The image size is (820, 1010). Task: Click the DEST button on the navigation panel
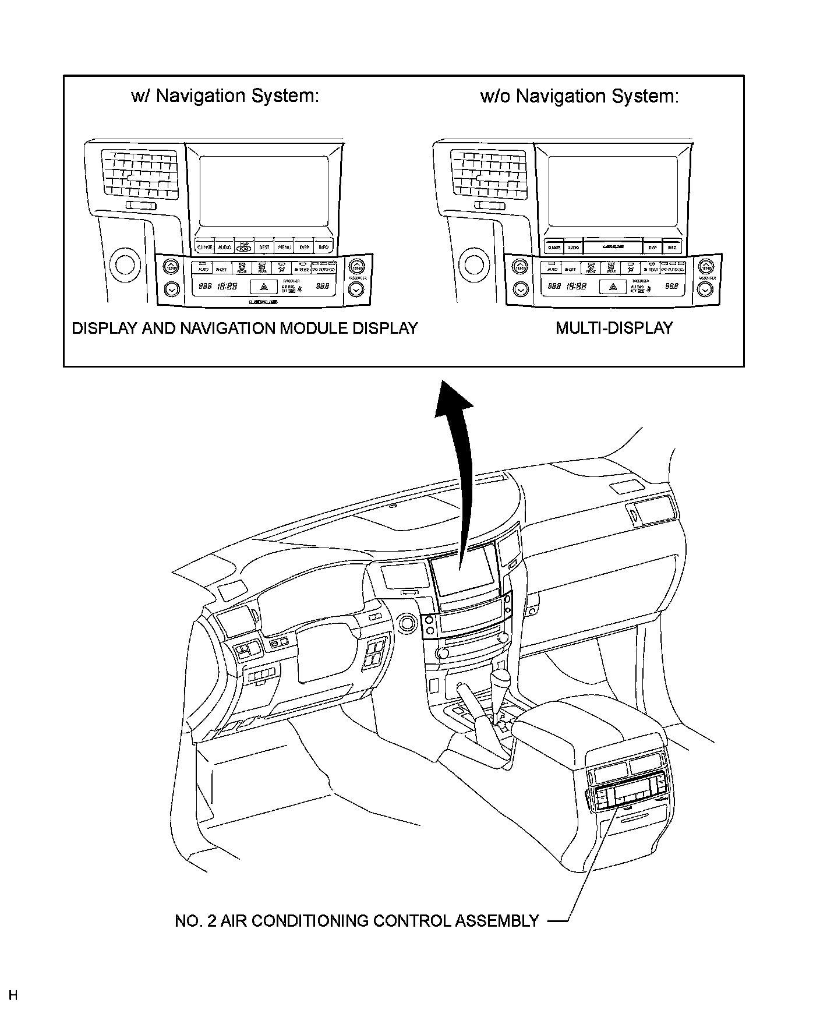click(x=264, y=247)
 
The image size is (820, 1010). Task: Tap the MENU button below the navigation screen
click(x=284, y=247)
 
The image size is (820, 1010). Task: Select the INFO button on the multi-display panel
click(x=671, y=248)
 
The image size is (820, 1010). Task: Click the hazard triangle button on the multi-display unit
click(x=613, y=287)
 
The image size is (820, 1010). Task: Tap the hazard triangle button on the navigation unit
click(x=264, y=287)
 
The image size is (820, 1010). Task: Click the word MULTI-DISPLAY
click(x=614, y=328)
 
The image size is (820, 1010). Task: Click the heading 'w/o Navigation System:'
click(x=579, y=96)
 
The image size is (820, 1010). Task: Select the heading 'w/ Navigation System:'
click(x=225, y=96)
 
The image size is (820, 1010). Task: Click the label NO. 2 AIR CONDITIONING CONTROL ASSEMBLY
click(x=356, y=921)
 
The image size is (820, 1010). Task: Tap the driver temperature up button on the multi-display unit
click(x=520, y=267)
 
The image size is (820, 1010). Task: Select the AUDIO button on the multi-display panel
click(x=573, y=248)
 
